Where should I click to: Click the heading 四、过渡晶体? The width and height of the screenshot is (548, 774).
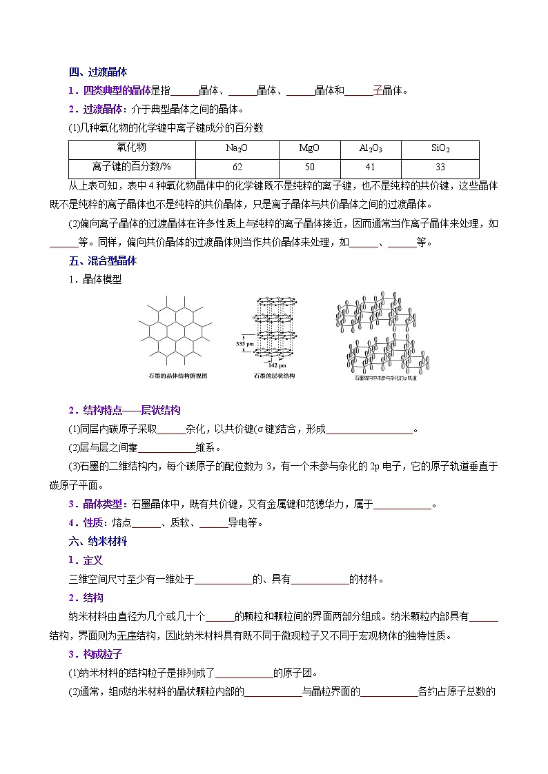click(98, 72)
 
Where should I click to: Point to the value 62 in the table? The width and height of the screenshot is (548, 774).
click(237, 167)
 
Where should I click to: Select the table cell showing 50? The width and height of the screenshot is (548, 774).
click(309, 167)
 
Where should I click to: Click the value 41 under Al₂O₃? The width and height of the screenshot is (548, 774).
click(371, 167)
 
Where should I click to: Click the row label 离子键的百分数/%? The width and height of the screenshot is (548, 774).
click(131, 167)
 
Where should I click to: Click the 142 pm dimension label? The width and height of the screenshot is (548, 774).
click(275, 365)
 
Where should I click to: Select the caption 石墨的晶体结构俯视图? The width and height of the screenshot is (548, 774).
click(177, 376)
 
